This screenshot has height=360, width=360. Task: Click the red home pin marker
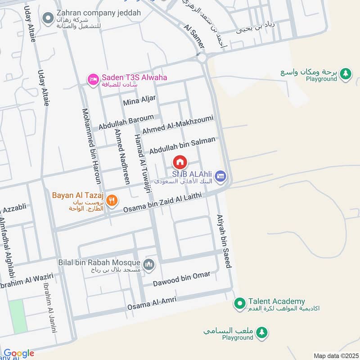pyautogui.click(x=180, y=162)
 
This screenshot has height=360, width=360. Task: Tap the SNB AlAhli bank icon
pyautogui.click(x=220, y=175)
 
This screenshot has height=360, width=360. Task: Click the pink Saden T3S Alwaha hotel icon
pyautogui.click(x=93, y=79)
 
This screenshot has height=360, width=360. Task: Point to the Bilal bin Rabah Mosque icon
pyautogui.click(x=149, y=264)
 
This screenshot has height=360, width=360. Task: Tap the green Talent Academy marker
pyautogui.click(x=240, y=304)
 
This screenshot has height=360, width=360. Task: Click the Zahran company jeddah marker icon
pyautogui.click(x=48, y=18)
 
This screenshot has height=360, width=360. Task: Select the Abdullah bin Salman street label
pyautogui.click(x=182, y=145)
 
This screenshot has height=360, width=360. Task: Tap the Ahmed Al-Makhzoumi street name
pyautogui.click(x=177, y=124)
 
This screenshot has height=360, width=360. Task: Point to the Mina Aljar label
pyautogui.click(x=139, y=100)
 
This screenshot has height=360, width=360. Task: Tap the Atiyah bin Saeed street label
pyautogui.click(x=224, y=241)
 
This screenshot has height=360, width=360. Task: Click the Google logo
pyautogui.click(x=19, y=353)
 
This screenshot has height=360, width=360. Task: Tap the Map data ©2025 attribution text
pyautogui.click(x=335, y=355)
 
